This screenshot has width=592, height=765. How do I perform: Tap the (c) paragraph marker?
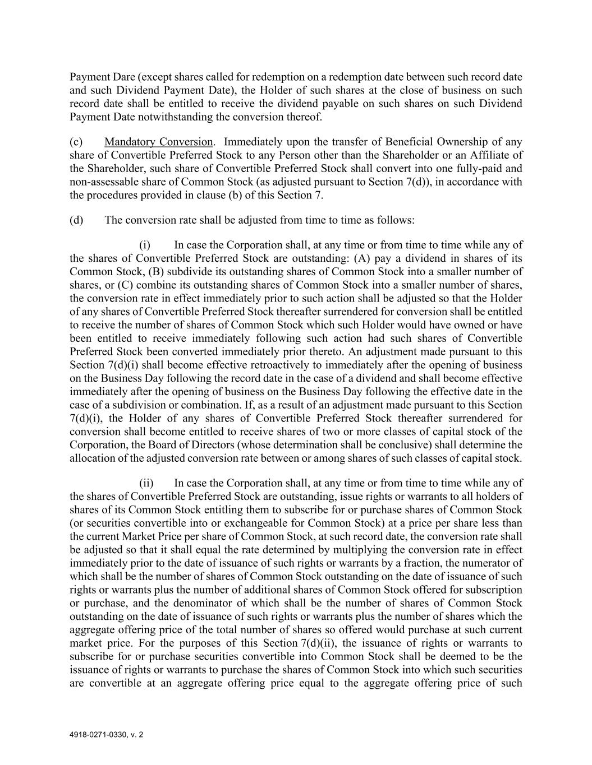pos(76,142)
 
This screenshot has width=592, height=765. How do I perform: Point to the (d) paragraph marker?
pos(76,220)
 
